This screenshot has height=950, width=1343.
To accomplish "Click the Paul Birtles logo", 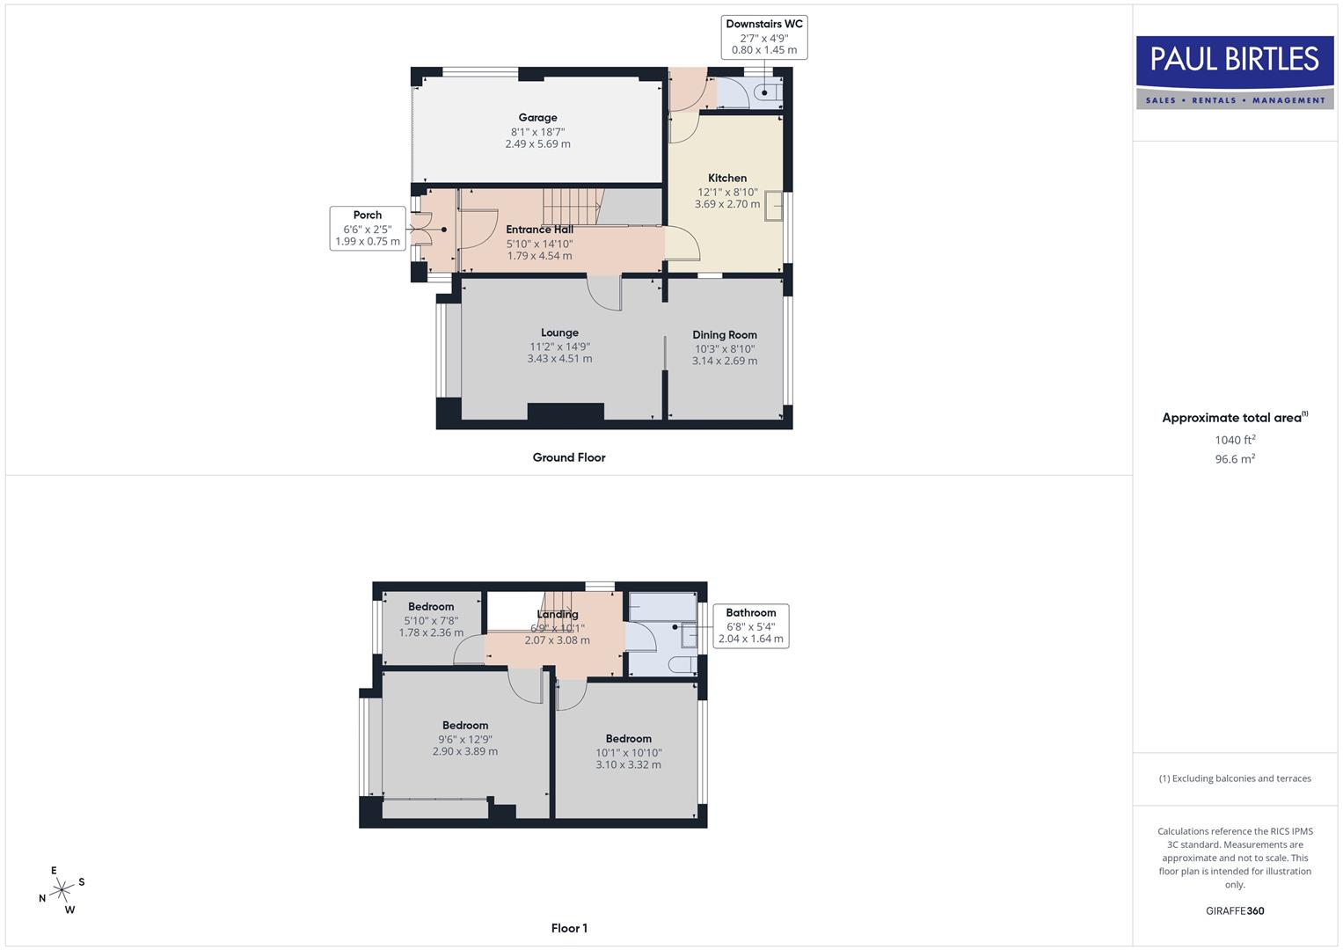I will click(1235, 72).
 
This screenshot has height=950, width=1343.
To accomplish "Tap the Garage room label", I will click(537, 118).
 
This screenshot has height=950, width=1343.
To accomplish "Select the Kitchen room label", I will click(727, 178).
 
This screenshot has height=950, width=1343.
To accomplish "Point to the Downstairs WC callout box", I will click(764, 37).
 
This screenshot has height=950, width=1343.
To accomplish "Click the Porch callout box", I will click(368, 228).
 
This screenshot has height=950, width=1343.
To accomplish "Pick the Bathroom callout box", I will click(751, 625).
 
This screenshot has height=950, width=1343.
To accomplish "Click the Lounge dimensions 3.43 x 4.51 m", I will click(559, 359).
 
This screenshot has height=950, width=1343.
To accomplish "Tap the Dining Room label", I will click(725, 334).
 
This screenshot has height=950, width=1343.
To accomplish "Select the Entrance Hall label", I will click(539, 230).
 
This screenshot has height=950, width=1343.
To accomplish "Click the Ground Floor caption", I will click(569, 457).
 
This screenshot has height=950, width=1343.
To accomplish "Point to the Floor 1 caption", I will click(569, 928).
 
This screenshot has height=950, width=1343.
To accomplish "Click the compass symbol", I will click(62, 890).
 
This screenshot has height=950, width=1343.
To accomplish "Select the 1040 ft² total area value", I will click(1235, 440).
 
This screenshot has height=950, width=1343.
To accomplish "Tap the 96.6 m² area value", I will click(1235, 459).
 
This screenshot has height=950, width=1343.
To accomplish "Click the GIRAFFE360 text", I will click(1235, 911).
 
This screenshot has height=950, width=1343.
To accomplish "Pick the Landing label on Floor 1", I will click(558, 614).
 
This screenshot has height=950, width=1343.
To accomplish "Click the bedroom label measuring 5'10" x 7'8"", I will click(431, 607).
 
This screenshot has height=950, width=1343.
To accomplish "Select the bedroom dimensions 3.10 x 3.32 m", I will click(628, 765).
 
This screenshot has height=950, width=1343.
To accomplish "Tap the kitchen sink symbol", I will click(775, 206).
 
